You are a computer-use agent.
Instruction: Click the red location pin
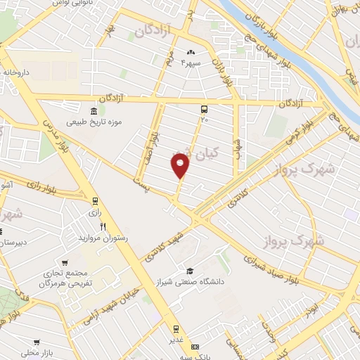(181, 166)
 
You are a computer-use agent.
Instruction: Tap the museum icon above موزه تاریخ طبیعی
(94, 112)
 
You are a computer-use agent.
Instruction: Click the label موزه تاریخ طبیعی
(95, 122)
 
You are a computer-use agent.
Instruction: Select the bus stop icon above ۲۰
(204, 110)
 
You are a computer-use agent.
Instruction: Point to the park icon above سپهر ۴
(191, 53)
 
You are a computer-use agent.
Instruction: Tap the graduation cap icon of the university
(189, 271)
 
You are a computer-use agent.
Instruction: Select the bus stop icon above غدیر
(176, 328)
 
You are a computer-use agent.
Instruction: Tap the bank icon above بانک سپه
(195, 347)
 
